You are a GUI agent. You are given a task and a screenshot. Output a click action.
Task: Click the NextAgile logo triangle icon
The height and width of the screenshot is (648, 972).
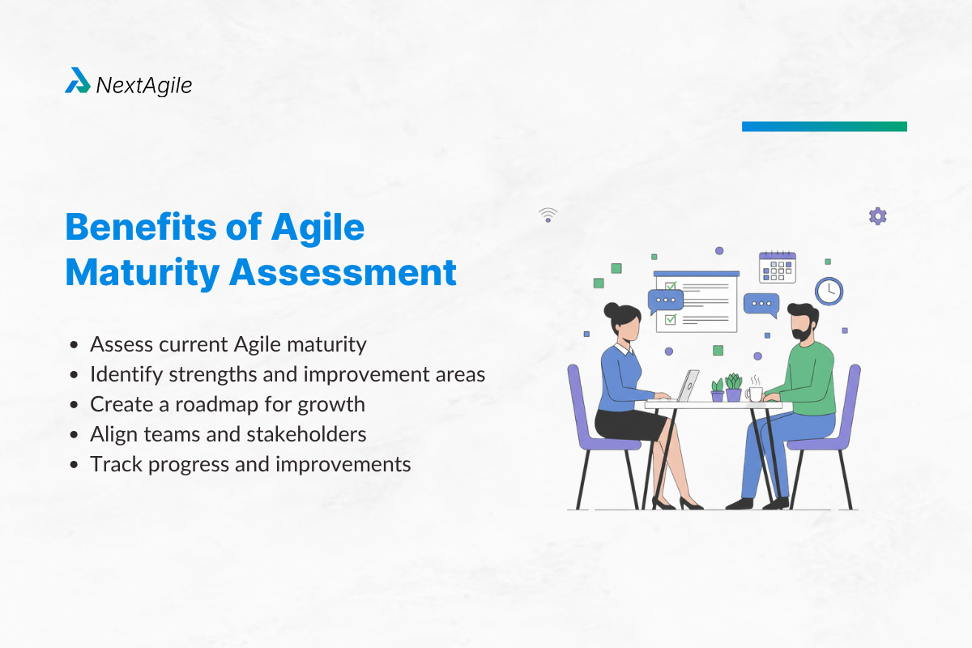point(78,80)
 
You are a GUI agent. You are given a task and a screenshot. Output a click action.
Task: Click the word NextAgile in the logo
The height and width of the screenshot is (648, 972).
point(144,86)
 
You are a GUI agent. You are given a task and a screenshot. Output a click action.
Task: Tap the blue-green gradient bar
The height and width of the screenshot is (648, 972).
point(825,126)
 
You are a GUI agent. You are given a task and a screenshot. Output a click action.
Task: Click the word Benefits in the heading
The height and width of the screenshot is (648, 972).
point(141,227)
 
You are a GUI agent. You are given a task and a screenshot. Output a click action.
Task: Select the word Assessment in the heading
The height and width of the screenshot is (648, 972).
point(343,273)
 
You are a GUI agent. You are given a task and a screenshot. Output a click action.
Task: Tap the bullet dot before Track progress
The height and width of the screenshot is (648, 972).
point(74,464)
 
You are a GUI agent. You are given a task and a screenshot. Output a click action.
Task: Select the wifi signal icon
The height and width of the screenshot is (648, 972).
point(548,215)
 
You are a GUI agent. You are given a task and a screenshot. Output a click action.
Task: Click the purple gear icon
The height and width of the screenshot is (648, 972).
point(878,216)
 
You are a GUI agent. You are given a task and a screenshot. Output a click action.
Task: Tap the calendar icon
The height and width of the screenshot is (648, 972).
point(777,267)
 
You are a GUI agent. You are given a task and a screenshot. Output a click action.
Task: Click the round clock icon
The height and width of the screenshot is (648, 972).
point(829,292)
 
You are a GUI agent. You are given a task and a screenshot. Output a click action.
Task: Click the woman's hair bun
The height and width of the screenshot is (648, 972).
point(611,311)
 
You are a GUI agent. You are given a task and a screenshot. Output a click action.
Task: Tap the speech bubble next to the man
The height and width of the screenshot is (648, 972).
point(761,305)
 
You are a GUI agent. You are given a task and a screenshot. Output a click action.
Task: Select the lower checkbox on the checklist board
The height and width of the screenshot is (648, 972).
point(671,319)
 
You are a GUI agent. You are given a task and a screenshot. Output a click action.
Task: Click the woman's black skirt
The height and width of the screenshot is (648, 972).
point(629,424)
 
